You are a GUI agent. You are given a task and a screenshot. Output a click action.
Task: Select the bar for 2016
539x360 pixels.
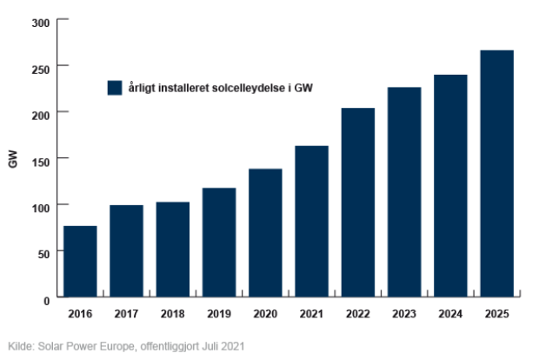[80, 262]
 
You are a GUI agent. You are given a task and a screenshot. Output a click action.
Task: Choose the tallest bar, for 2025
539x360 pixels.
[496, 174]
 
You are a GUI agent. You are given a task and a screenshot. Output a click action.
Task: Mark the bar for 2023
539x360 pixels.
[404, 193]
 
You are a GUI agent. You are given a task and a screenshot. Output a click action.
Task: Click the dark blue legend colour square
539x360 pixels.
[114, 88]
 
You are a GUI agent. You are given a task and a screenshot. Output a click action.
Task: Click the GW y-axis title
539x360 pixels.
[13, 160]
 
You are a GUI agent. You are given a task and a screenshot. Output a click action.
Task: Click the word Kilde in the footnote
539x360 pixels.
[21, 346]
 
